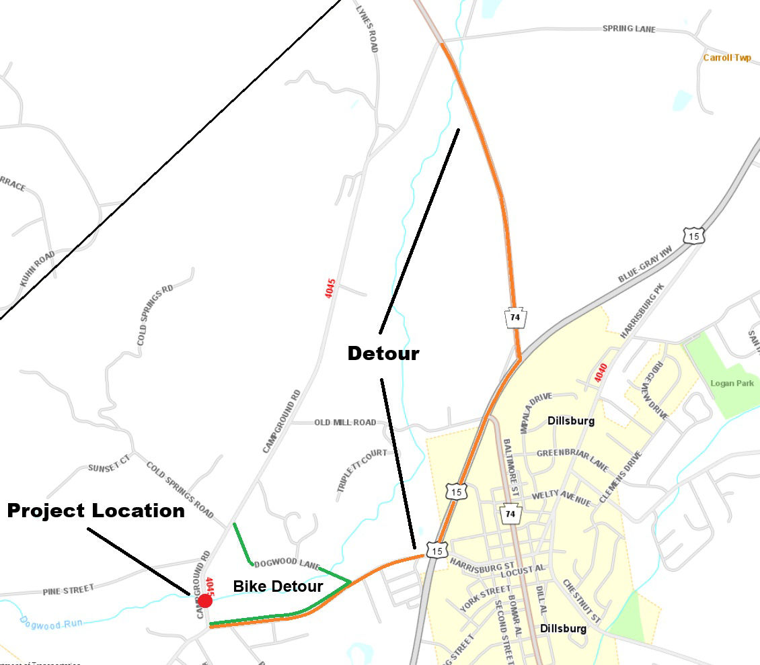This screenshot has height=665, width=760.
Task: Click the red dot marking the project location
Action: (x=205, y=601)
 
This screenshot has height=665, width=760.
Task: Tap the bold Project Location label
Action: (x=96, y=511)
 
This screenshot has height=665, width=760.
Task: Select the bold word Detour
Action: (x=383, y=353)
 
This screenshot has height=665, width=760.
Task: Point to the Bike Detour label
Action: (x=278, y=586)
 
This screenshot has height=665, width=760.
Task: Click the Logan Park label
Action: (x=732, y=384)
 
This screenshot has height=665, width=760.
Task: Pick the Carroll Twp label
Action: (x=726, y=58)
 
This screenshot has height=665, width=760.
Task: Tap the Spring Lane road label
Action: (x=628, y=30)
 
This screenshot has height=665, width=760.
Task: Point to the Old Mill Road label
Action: (x=345, y=423)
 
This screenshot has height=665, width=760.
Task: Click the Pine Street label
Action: (x=69, y=590)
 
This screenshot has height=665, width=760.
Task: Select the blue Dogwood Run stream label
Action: (x=51, y=623)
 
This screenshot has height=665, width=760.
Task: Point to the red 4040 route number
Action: (x=601, y=373)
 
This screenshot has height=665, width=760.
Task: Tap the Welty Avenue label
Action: (x=561, y=498)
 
